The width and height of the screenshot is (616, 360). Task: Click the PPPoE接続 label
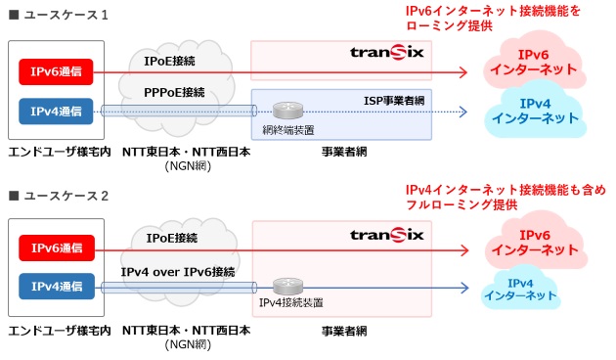click(x=174, y=92)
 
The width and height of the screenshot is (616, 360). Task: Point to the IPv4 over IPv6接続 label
click(x=177, y=270)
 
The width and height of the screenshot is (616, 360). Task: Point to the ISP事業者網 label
click(x=392, y=101)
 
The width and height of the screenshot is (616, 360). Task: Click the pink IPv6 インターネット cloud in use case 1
click(x=533, y=63)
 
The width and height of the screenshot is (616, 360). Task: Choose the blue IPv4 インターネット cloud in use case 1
click(x=534, y=111)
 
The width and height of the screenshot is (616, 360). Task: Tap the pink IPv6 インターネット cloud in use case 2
click(x=533, y=243)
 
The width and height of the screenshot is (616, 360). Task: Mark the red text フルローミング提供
click(x=461, y=206)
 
